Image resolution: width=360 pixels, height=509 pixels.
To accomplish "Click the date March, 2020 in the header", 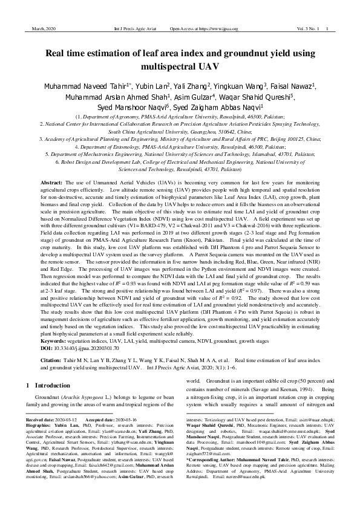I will [39, 28].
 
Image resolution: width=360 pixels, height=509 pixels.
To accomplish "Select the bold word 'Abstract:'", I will [51, 182].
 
